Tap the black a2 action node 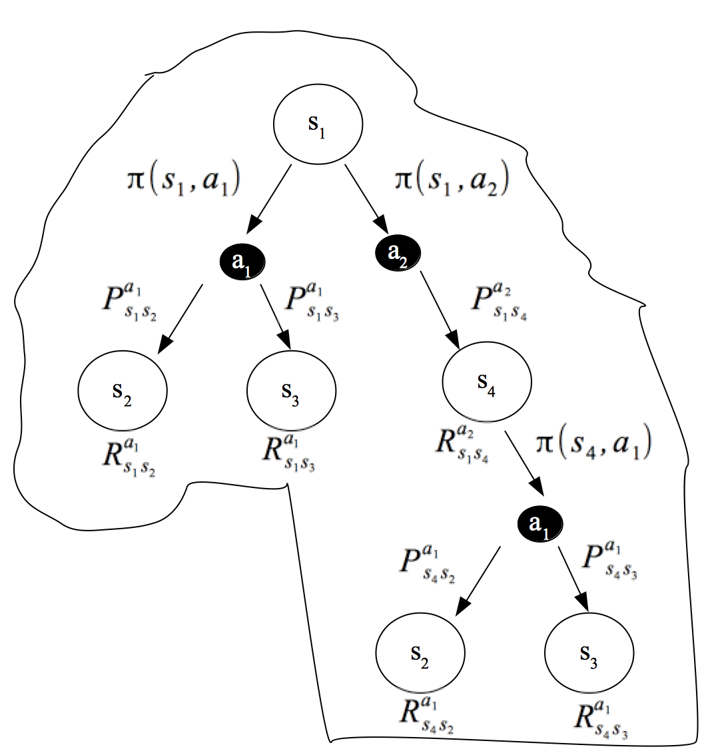point(398,251)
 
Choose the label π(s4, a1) point(593,443)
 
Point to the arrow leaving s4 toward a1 point(527,466)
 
